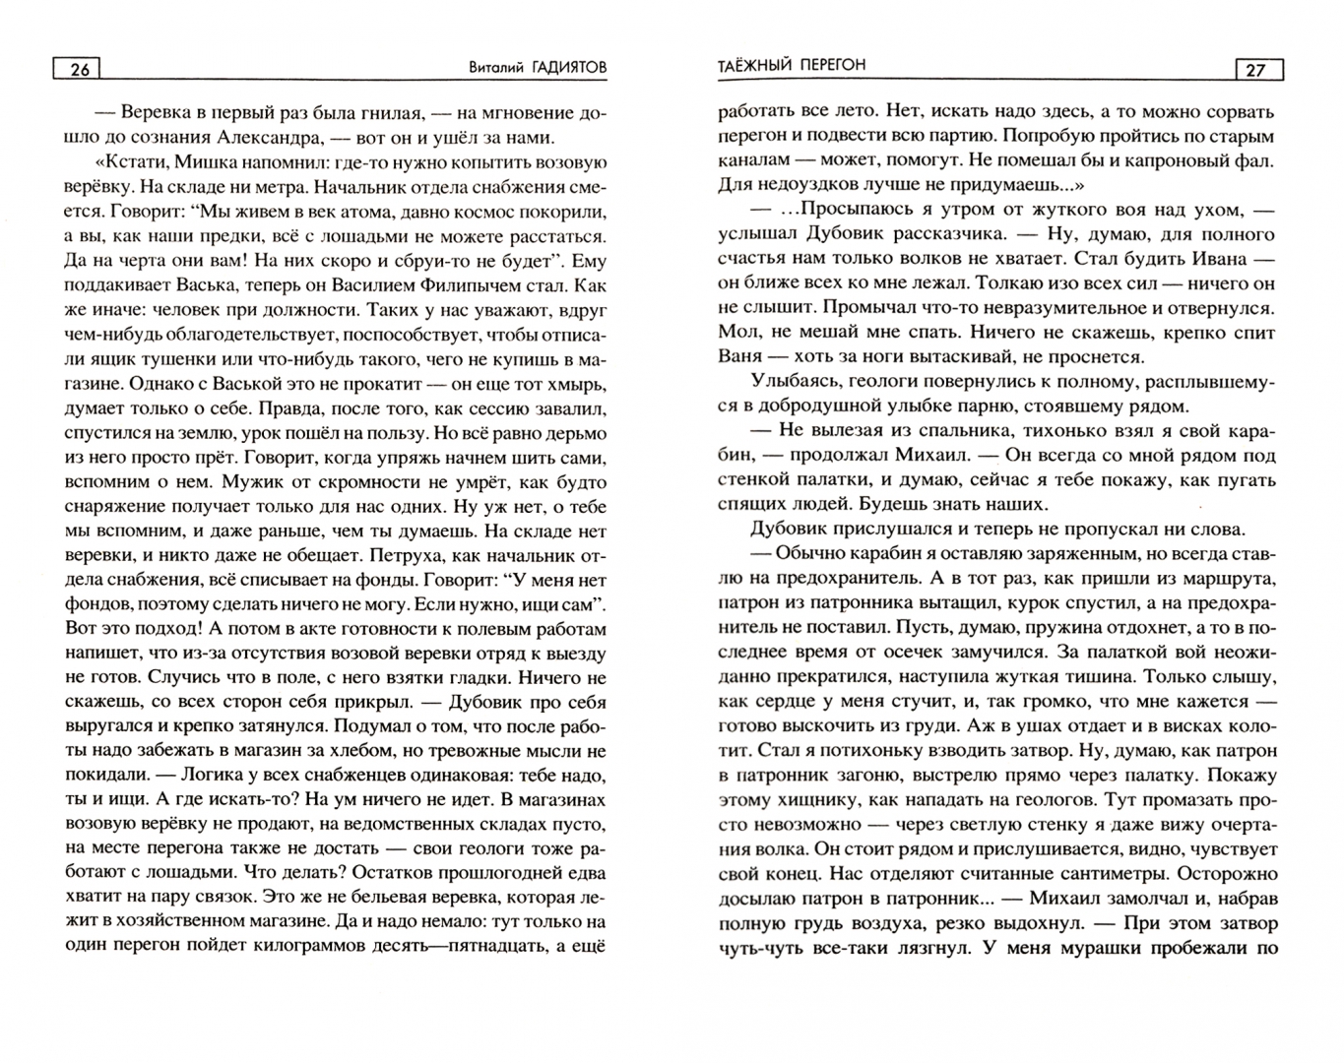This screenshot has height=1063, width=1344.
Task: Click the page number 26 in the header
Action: (80, 69)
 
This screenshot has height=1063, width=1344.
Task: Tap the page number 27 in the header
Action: (1255, 69)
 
